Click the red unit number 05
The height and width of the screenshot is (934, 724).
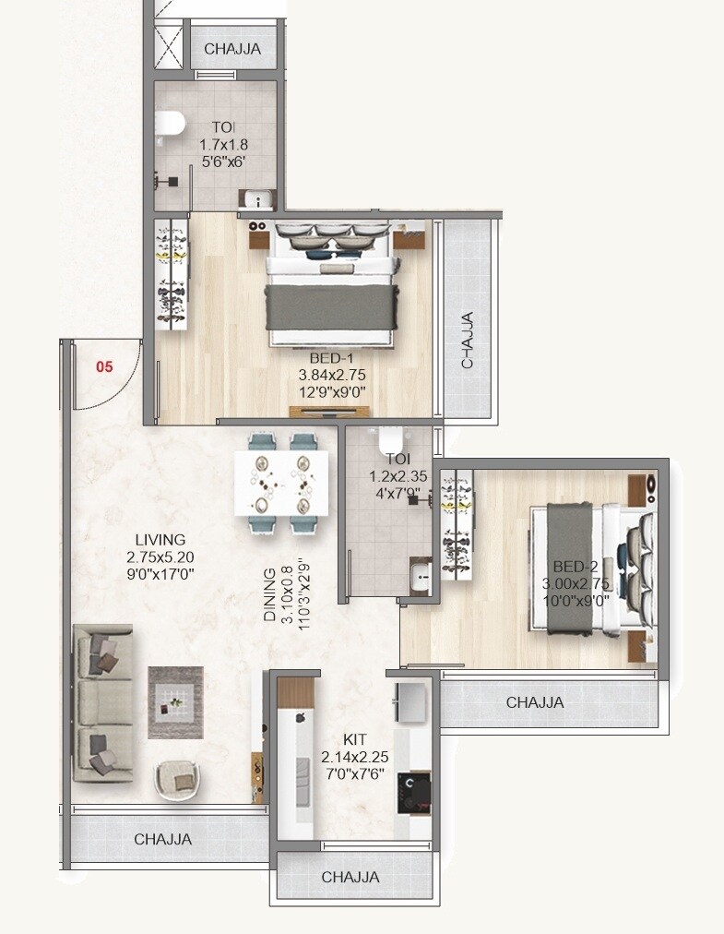(x=104, y=366)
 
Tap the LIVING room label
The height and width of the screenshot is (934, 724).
(x=160, y=540)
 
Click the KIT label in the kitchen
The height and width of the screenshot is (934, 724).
(x=354, y=739)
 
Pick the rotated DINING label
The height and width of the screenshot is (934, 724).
(x=270, y=595)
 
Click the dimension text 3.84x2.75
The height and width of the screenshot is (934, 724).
(x=332, y=375)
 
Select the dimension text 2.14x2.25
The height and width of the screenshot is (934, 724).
(x=354, y=757)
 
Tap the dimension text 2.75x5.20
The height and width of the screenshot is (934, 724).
(x=160, y=557)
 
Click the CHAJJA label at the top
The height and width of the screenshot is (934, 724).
(x=232, y=49)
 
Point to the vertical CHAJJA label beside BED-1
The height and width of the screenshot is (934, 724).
(x=468, y=341)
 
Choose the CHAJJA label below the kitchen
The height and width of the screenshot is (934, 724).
(x=350, y=877)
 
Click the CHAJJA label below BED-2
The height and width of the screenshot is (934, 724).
(x=535, y=702)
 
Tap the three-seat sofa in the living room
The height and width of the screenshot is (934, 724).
(x=102, y=703)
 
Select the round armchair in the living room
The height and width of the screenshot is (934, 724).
(x=178, y=781)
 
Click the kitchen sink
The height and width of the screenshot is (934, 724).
(x=409, y=704)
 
